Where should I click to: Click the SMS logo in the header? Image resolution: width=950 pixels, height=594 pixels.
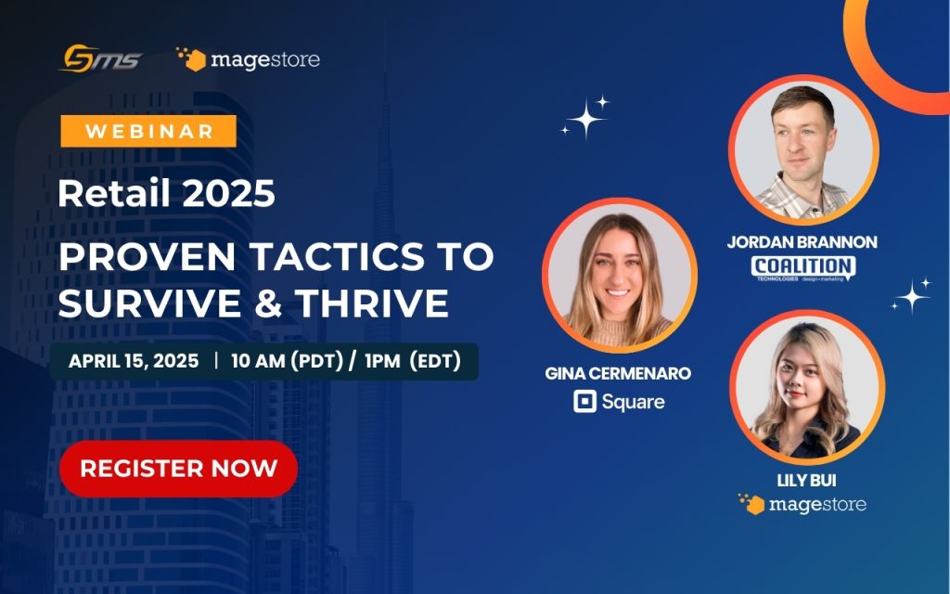[x=100, y=60]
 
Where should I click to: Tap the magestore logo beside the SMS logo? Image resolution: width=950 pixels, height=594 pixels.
[x=248, y=60]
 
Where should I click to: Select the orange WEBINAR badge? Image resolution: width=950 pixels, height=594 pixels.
[x=148, y=132]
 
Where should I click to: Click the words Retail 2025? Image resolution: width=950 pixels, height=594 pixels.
[x=166, y=193]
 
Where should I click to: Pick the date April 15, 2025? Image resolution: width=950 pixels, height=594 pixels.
[x=134, y=361]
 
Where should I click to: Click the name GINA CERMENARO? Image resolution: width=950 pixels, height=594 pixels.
[x=619, y=373]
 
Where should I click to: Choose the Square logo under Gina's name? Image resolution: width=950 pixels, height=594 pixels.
[x=619, y=402]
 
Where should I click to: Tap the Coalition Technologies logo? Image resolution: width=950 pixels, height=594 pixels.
[x=802, y=268]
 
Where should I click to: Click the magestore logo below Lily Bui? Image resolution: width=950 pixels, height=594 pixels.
[x=802, y=504]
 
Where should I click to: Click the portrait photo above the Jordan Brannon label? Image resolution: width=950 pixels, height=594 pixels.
[x=802, y=149]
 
